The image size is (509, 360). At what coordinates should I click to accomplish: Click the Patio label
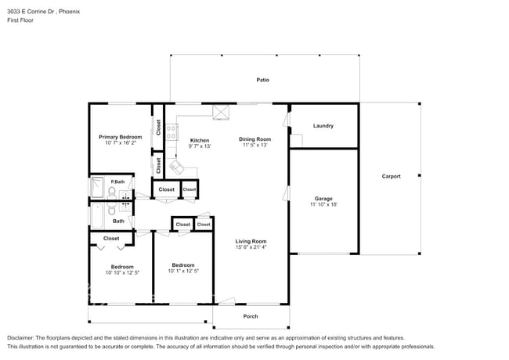click(263, 80)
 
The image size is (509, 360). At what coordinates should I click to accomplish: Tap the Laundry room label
click(323, 126)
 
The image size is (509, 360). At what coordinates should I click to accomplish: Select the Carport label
click(391, 176)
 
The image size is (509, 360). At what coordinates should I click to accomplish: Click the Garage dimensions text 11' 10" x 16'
click(323, 204)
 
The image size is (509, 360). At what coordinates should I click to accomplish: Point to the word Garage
click(323, 198)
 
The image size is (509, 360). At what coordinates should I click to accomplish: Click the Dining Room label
click(255, 139)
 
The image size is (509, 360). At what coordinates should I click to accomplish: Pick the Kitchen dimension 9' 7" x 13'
click(200, 146)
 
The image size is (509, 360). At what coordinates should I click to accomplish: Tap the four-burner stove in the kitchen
click(171, 131)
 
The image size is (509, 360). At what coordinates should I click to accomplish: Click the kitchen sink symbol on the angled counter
click(178, 167)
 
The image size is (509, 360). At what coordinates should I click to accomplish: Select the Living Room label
click(251, 241)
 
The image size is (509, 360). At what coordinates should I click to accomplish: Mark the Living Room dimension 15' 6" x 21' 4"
click(251, 247)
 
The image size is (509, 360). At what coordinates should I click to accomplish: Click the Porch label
click(250, 316)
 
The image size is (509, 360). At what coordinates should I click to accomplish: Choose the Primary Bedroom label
click(120, 137)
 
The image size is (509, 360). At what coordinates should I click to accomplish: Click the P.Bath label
click(117, 182)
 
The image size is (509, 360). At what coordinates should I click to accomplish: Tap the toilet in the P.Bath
click(113, 191)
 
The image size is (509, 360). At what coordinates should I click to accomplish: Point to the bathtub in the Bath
click(97, 211)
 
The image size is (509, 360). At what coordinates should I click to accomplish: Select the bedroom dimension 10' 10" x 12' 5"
click(121, 272)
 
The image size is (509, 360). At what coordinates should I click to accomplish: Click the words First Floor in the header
click(20, 21)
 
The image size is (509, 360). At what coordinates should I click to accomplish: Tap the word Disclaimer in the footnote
click(22, 338)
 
